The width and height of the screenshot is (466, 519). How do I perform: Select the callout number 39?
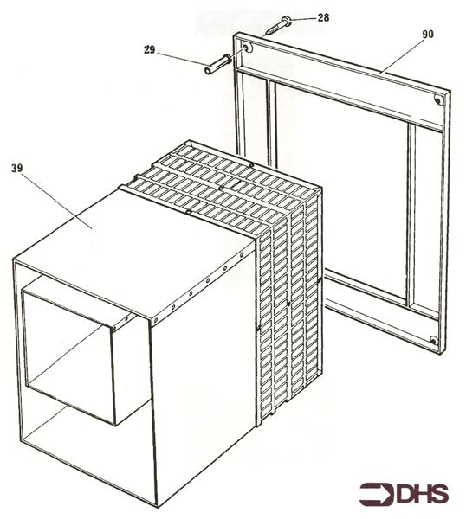click(17, 167)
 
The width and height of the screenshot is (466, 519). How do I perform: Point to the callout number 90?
click(428, 35)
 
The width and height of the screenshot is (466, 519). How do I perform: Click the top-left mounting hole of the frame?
click(247, 48)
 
